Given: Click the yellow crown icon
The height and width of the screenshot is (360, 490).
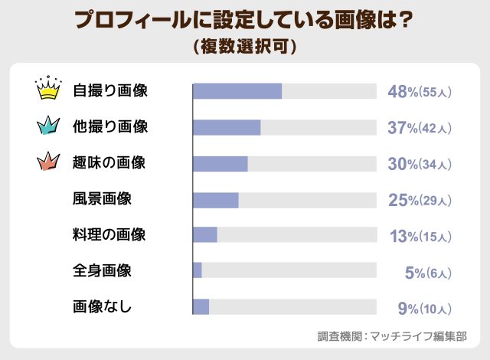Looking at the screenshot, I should tap(48, 90).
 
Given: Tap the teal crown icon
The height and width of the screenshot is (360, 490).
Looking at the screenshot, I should tap(48, 126).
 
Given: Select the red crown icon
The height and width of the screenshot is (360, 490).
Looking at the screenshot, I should tap(48, 162).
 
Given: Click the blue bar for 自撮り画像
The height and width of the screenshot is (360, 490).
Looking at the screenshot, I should tap(237, 91).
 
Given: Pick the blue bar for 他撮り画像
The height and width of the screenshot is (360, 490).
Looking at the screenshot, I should tap(227, 127).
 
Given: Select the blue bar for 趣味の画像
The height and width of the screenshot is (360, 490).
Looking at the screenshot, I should tap(220, 163).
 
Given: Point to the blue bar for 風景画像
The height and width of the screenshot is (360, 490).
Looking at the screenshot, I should tap(216, 199).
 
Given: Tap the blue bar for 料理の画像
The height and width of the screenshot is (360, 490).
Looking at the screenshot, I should tap(205, 235).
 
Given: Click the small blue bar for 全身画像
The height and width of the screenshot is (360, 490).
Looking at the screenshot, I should tap(198, 270).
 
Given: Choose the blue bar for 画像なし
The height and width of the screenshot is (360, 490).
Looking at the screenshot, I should tap(201, 306).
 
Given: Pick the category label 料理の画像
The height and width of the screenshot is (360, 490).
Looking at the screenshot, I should tap(109, 235).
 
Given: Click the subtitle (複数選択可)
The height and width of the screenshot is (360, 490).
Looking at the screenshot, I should tap(245, 45).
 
